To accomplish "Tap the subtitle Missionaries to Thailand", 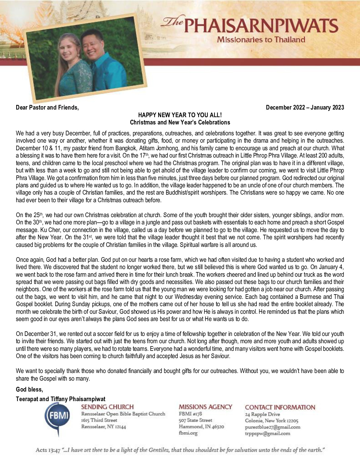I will [x=261, y=40].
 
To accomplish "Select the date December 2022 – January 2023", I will [x=305, y=108].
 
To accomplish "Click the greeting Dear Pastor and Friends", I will [x=47, y=108].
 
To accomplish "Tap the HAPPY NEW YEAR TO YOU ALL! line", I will [x=180, y=115].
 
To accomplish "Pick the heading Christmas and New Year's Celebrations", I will [x=180, y=122].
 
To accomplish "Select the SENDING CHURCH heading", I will [x=107, y=407].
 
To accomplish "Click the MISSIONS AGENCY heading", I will [x=205, y=407].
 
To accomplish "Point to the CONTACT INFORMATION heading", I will [x=280, y=407].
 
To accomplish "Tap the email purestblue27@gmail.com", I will [x=272, y=427].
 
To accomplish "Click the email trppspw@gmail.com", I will [x=267, y=433].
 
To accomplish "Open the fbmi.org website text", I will [x=188, y=433].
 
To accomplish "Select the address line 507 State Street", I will [x=195, y=420].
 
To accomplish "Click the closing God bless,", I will [x=29, y=389].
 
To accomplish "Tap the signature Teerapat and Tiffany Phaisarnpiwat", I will [x=61, y=399].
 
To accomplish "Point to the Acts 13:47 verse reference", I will [x=46, y=450].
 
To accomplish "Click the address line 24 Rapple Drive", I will [x=262, y=414].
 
